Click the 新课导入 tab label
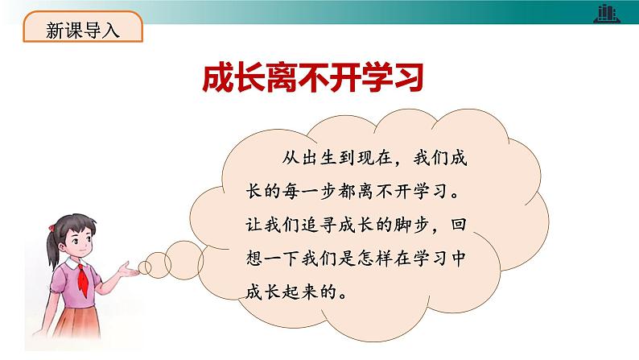pyautogui.click(x=83, y=30)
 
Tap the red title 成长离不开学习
pyautogui.click(x=313, y=77)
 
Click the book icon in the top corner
pyautogui.click(x=607, y=14)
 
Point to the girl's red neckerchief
pyautogui.click(x=84, y=280)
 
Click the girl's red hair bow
pyautogui.click(x=52, y=228)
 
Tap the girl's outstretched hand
pyautogui.click(x=129, y=269)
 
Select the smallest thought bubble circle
pyautogui.click(x=144, y=267)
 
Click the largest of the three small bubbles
pyautogui.click(x=183, y=260)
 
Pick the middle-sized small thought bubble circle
pyautogui.click(x=158, y=265)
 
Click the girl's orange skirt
pyautogui.click(x=76, y=322)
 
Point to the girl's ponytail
pyautogui.click(x=53, y=250)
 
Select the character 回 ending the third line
pyautogui.click(x=458, y=225)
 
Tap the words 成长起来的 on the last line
pyautogui.click(x=291, y=292)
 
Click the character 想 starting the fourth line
pyautogui.click(x=254, y=258)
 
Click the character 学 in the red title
pyautogui.click(x=376, y=77)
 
